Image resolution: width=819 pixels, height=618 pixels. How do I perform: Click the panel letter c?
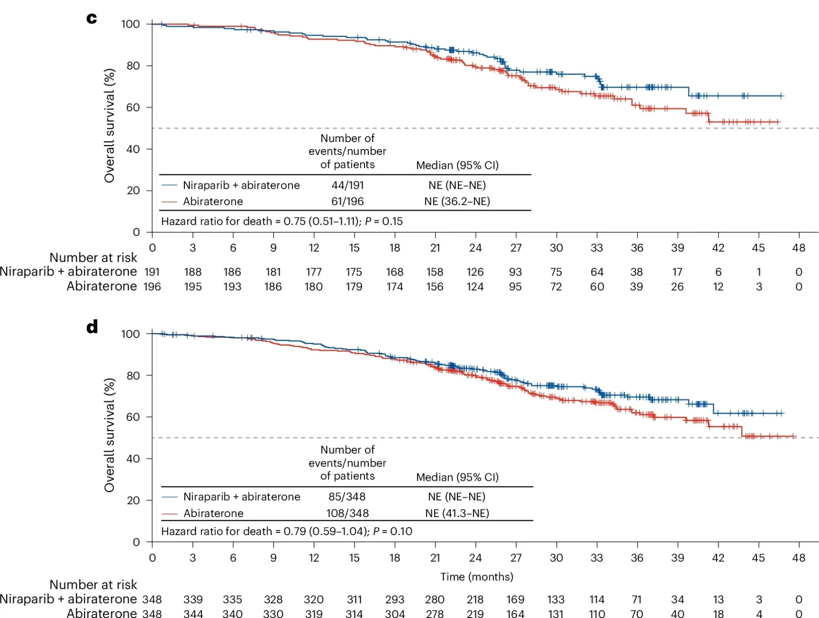pos(91,19)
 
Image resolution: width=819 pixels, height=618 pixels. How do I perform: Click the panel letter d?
pos(92,327)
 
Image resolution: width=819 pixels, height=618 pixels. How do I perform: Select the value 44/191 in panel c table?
pos(347,185)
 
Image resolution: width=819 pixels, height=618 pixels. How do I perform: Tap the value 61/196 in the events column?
pos(347,202)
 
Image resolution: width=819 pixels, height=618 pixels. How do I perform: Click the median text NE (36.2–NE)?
pos(457,202)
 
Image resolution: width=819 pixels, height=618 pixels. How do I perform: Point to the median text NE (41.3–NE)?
pos(457,513)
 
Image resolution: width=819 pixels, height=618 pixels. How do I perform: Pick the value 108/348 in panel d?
pos(347,513)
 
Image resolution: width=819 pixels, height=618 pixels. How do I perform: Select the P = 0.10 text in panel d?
pos(393,531)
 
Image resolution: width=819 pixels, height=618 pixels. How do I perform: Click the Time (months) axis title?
pos(476,577)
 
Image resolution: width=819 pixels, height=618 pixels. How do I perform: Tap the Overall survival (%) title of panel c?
pos(110,125)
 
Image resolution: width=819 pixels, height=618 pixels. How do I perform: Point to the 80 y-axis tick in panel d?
pos(133,375)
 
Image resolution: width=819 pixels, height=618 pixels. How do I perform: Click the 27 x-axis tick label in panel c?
pos(516,248)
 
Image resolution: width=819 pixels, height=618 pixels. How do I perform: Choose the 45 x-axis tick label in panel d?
pos(758,558)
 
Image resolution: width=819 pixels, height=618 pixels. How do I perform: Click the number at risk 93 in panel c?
pos(516,272)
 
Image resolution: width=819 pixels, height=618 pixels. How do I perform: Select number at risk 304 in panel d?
pos(394,614)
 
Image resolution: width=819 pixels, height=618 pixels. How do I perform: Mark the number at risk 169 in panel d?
pos(516,599)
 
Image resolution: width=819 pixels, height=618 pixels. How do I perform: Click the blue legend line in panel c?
pos(169,185)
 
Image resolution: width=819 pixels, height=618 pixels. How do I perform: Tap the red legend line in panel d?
pos(170,514)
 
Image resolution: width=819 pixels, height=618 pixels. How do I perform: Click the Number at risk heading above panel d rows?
pos(93,585)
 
